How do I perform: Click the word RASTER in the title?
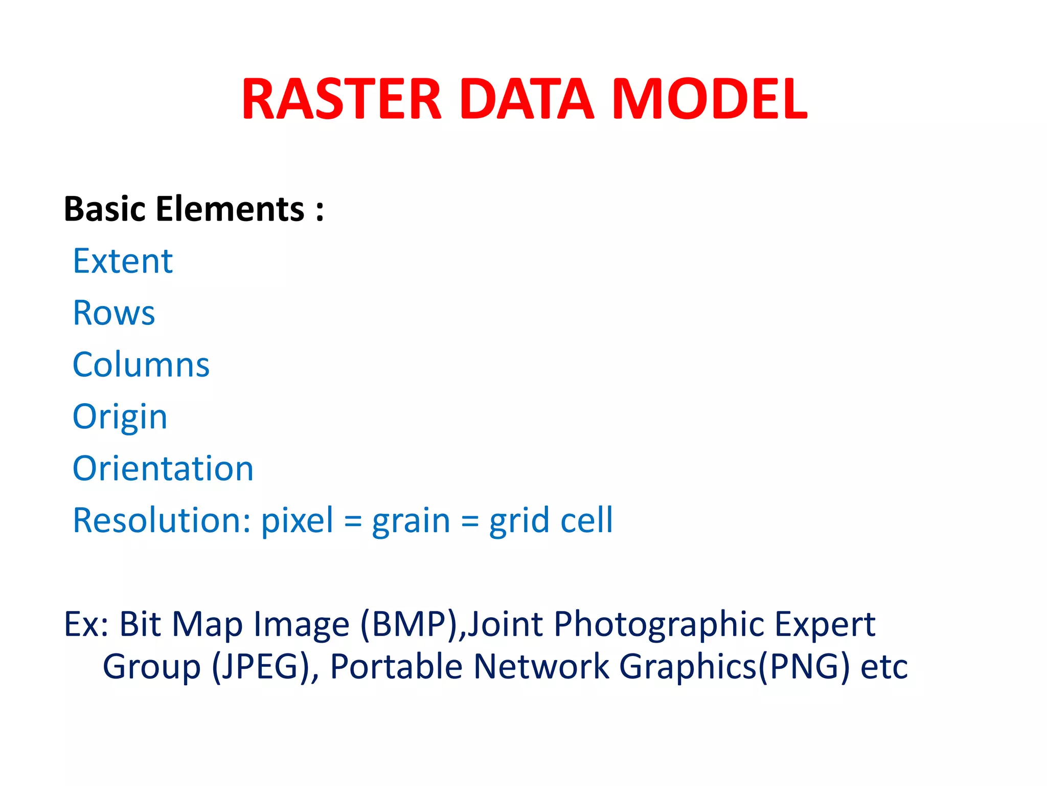click(x=342, y=99)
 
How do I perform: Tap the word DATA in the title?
click(x=527, y=99)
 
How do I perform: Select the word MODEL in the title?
click(x=710, y=99)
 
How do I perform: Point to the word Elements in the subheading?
click(x=230, y=209)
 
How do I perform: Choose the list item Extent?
click(x=123, y=261)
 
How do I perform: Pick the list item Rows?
click(x=113, y=313)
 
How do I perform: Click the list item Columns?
click(x=141, y=365)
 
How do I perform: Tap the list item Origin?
click(x=120, y=417)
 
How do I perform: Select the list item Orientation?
click(x=163, y=469)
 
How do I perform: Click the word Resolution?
click(x=162, y=520)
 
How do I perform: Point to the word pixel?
click(x=297, y=520)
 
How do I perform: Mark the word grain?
click(x=411, y=521)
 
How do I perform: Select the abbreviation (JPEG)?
click(x=265, y=667)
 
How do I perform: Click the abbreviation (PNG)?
click(x=804, y=667)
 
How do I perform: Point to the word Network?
click(x=541, y=667)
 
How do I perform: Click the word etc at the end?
click(x=884, y=668)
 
